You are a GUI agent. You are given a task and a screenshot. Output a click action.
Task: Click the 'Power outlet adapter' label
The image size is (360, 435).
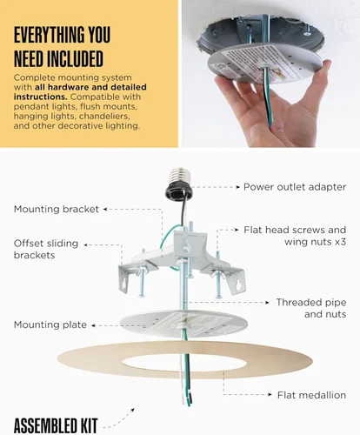[294, 186]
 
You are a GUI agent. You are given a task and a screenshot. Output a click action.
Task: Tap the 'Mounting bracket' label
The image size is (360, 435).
[56, 209]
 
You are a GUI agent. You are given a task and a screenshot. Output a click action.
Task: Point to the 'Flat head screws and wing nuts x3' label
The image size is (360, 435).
[294, 237]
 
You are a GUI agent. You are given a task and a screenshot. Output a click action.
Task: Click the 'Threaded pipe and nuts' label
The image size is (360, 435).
[311, 308]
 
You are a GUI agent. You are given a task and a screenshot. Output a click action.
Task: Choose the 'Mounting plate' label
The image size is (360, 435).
[50, 325]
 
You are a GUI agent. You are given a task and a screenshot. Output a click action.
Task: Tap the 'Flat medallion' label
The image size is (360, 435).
[311, 395]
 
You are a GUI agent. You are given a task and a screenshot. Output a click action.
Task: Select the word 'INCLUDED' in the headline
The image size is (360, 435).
[69, 59]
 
